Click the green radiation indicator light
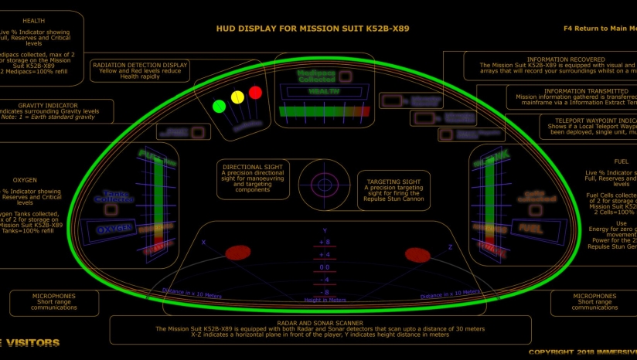[219, 105]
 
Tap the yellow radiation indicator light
[237, 97]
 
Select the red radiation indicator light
[255, 92]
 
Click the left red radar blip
[237, 253]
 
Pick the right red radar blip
[417, 255]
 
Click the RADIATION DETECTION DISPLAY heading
[140, 65]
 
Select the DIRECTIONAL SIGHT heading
[251, 166]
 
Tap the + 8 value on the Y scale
[325, 242]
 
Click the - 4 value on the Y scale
[325, 279]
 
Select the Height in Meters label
[325, 300]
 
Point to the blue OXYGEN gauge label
[115, 230]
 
